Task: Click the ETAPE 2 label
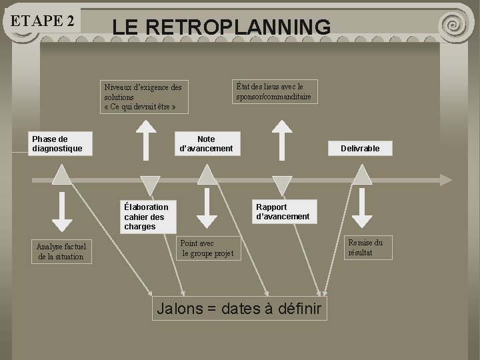42,20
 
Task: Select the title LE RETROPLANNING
221,27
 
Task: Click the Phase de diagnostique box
61,143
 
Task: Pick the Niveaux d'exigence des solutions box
143,97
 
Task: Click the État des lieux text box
273,91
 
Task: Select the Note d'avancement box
206,143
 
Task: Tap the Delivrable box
360,148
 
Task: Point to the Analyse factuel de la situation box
61,251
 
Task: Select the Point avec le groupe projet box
207,249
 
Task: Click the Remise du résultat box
366,247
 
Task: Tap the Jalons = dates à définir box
239,309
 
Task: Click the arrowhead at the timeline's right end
445,179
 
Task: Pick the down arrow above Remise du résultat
362,211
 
